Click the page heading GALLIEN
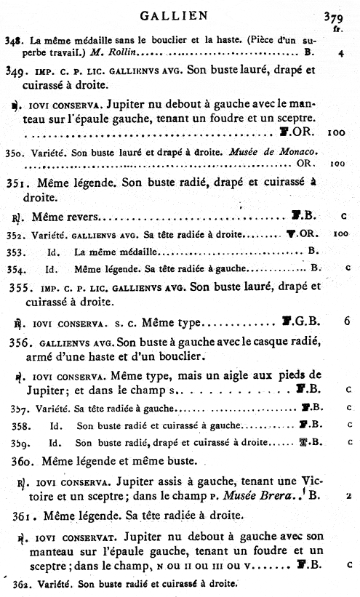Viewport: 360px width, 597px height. (x=179, y=14)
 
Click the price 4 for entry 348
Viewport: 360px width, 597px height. (x=340, y=53)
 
